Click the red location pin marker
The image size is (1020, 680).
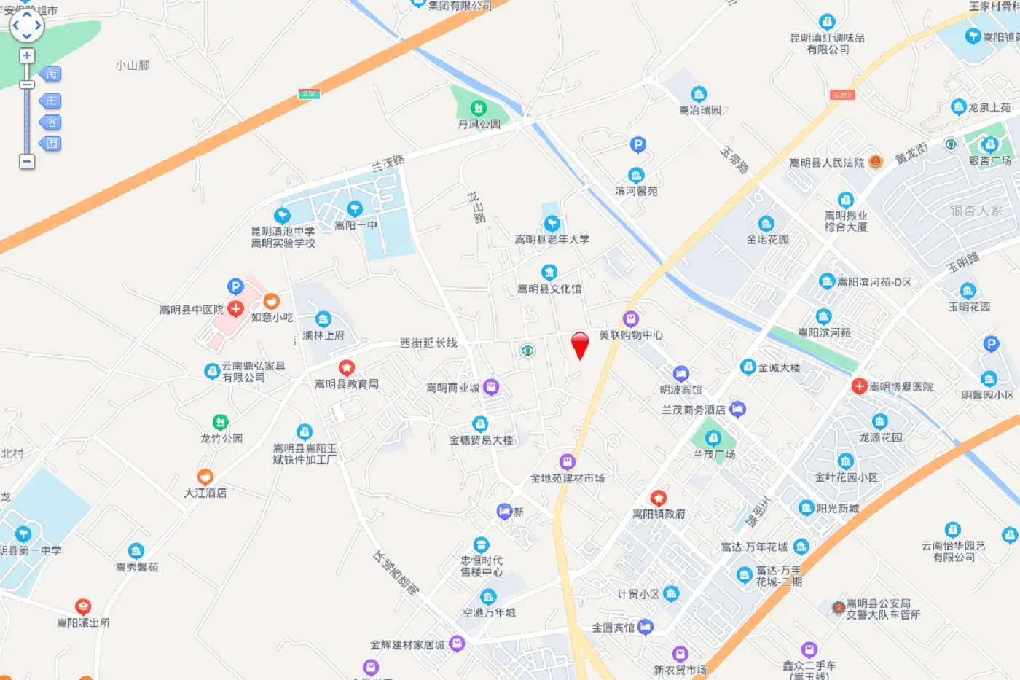pos(580,345)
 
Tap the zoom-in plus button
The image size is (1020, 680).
pos(27,56)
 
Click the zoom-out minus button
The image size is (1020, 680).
pos(27,161)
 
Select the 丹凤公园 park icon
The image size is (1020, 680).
pos(478,109)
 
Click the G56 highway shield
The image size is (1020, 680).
pos(309,94)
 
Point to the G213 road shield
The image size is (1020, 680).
pos(841,95)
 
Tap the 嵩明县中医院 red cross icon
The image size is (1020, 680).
pos(235,309)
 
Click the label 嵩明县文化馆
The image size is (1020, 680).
pos(549,289)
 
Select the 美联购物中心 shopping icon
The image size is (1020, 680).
pos(631,319)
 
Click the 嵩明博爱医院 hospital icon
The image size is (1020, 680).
pos(860,386)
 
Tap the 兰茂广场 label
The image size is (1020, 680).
pos(714,454)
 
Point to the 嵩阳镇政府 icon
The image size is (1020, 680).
pos(659,499)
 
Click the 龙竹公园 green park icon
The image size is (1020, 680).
pos(221,423)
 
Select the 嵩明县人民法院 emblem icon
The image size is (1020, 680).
pos(876,162)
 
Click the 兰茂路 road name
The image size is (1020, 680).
pos(388,163)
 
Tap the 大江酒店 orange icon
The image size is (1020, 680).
pos(205,477)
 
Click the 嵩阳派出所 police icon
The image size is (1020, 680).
pos(83,607)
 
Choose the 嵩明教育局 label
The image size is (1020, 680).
pos(347,383)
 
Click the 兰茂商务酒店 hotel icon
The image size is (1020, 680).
pos(737,409)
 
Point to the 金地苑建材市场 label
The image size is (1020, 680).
pos(568,478)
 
